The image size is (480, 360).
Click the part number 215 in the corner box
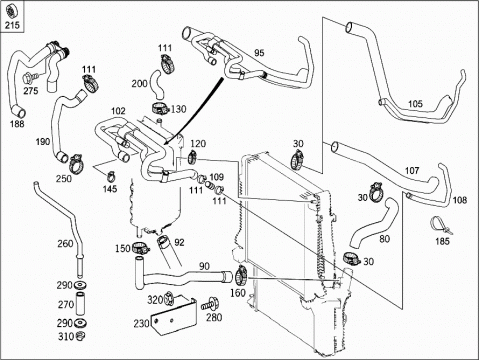point(12,25)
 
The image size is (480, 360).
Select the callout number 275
point(31,91)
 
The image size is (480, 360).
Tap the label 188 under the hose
point(17,124)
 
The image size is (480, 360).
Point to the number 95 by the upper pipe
point(259,53)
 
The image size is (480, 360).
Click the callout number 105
point(415,104)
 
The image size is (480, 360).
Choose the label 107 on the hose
point(412,171)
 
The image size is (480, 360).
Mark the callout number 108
point(460,200)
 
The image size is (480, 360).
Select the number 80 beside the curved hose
point(384,239)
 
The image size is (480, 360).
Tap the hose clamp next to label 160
point(241,275)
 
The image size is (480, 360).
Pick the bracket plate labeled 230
point(173,315)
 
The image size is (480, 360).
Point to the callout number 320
point(155,300)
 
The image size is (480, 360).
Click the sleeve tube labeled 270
point(81,304)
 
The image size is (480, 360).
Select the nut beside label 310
point(80,336)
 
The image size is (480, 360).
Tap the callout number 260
point(65,244)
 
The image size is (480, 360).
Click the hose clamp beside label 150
point(141,248)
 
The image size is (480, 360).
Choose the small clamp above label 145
point(111,175)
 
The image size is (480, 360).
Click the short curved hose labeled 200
point(156,85)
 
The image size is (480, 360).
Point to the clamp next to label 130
point(161,108)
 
